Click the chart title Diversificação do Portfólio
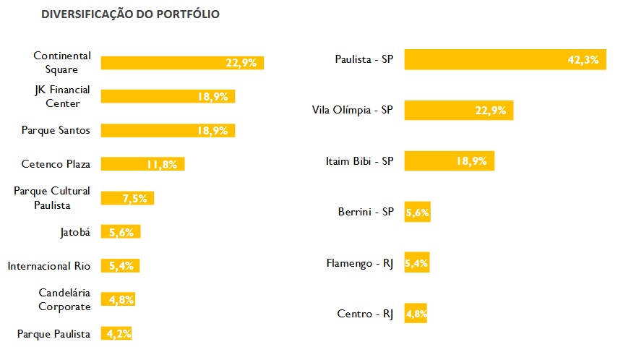coord(131,14)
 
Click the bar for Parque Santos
coord(152,131)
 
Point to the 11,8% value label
coord(162,165)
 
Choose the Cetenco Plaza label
coord(56,164)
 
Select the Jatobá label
coord(75,232)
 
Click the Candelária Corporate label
coord(64,299)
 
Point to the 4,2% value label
coord(119,333)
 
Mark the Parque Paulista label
coord(53,333)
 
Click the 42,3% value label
coord(583,60)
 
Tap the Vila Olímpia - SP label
coord(352,111)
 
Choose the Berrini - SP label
coord(365,212)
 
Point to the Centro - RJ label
coord(365,314)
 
